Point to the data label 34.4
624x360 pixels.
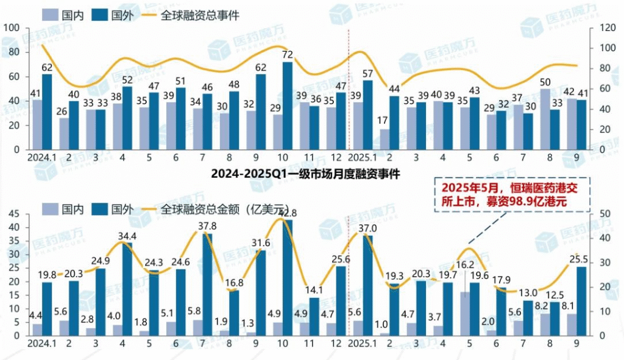(x=127, y=236)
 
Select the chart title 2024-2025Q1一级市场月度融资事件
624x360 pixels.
(x=305, y=174)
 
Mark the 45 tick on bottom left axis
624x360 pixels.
(x=14, y=214)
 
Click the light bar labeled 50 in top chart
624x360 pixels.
(x=546, y=119)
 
